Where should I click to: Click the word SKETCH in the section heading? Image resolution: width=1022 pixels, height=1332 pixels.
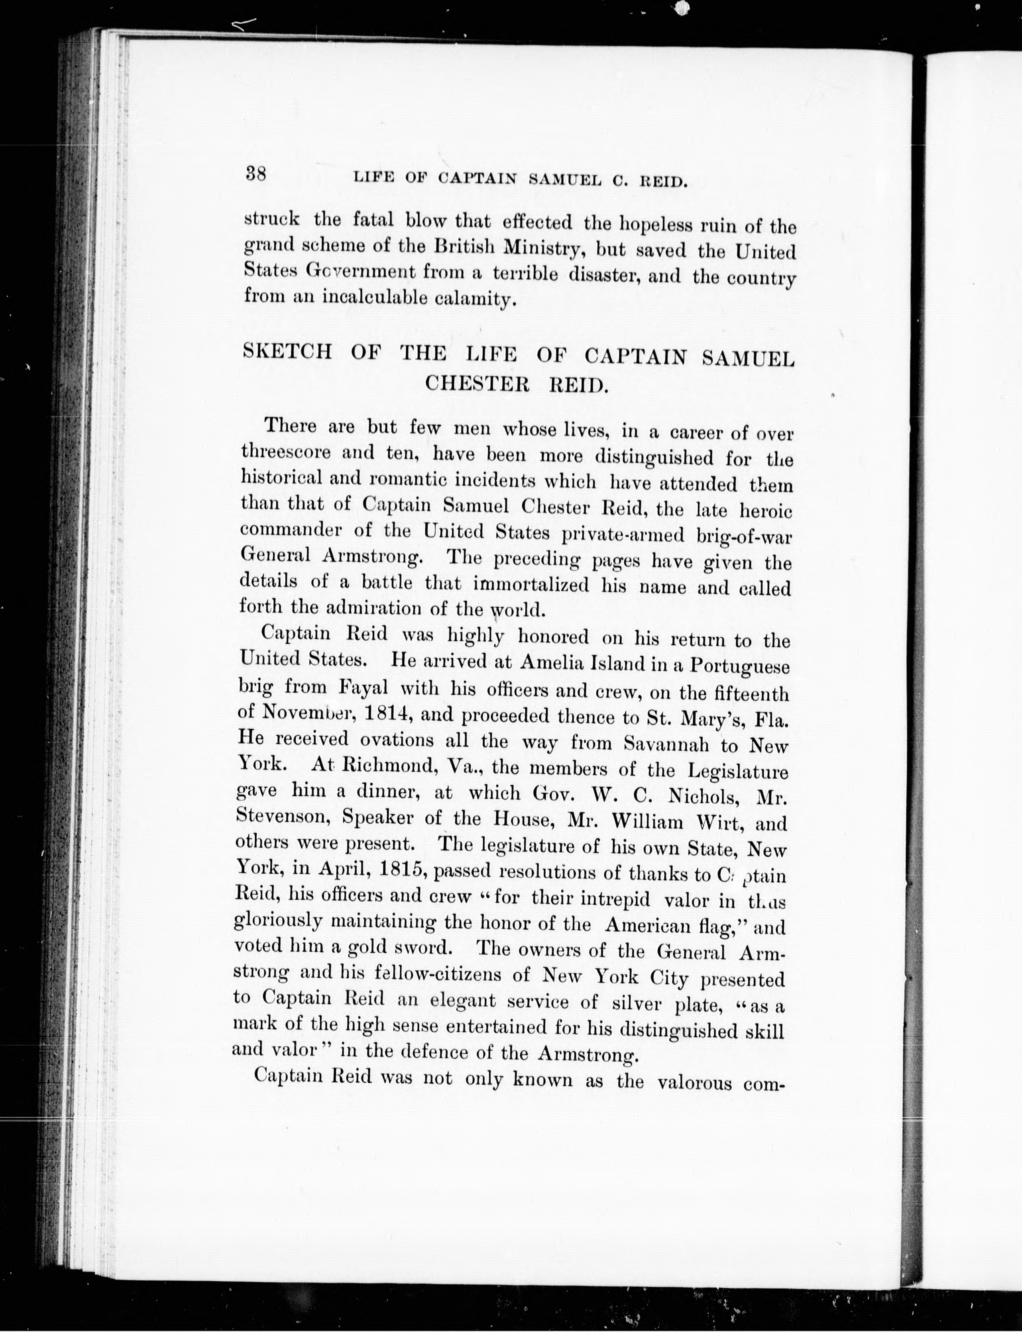point(287,352)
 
